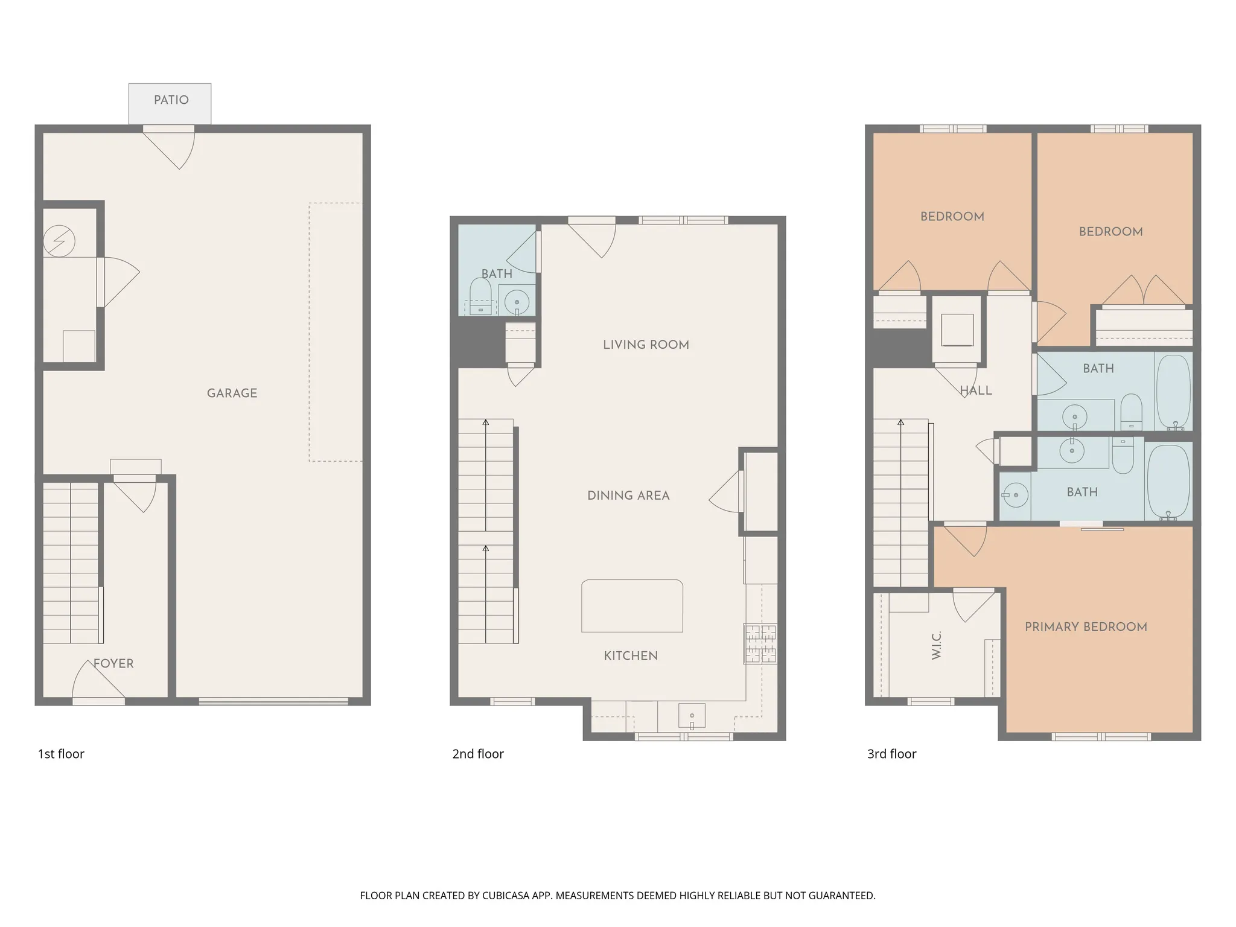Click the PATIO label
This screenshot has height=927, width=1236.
click(x=171, y=100)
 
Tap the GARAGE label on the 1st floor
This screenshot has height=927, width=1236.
click(x=232, y=393)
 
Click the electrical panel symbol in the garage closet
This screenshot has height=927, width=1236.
click(x=59, y=241)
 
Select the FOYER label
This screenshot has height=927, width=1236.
click(x=113, y=664)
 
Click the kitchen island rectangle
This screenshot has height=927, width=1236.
click(x=632, y=606)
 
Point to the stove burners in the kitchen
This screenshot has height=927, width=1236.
click(x=760, y=644)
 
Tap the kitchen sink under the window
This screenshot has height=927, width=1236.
click(x=692, y=716)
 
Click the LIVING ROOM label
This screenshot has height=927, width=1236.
click(x=646, y=345)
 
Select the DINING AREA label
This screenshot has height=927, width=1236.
click(x=628, y=495)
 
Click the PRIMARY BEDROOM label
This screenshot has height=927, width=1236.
click(x=1086, y=627)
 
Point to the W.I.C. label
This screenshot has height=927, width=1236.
click(x=936, y=645)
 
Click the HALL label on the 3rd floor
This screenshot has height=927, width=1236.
click(x=976, y=390)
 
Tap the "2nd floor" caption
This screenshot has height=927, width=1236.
click(x=478, y=754)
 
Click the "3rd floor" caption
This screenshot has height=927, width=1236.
click(x=891, y=754)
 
